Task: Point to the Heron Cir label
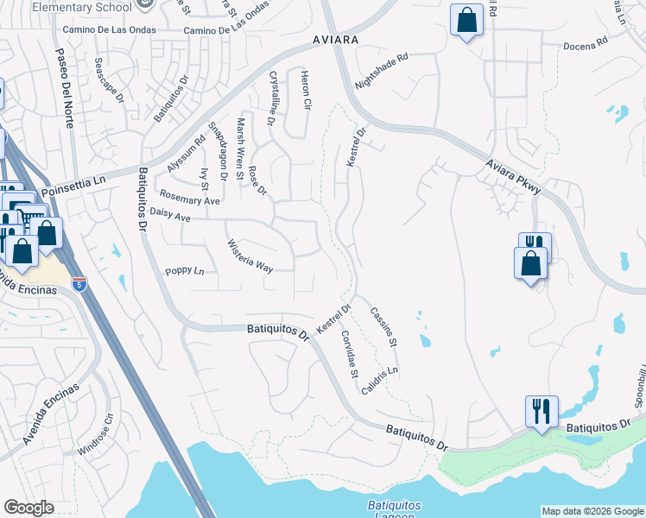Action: point(305,92)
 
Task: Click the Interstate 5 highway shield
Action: point(79,284)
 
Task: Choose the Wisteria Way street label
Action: point(250,256)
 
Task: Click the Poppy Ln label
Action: point(185,271)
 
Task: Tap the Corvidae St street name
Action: point(349,355)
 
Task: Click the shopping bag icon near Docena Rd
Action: point(466,22)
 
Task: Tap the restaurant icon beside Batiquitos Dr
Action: point(541,410)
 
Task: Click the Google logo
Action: point(28,508)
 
